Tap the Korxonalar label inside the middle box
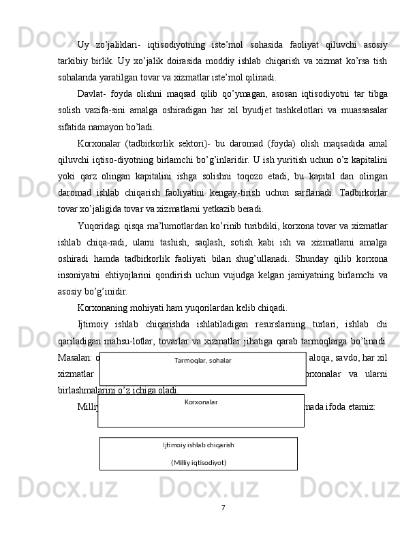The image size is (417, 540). point(201,402)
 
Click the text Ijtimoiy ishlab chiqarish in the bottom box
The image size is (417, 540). point(198,445)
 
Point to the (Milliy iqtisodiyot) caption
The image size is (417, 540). point(198,462)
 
